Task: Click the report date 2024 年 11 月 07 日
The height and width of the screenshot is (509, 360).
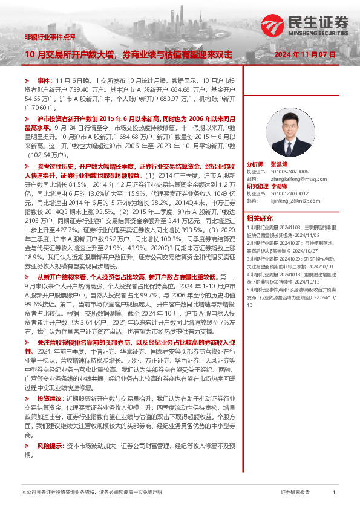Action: click(304, 54)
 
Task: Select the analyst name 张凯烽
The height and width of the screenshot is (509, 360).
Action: click(278, 164)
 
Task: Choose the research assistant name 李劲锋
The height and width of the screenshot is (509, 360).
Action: click(278, 186)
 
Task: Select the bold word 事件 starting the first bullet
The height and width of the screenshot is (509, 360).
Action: click(44, 80)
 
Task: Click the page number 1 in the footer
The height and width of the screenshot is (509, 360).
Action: click(334, 493)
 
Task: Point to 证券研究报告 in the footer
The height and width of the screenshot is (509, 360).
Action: click(295, 493)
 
